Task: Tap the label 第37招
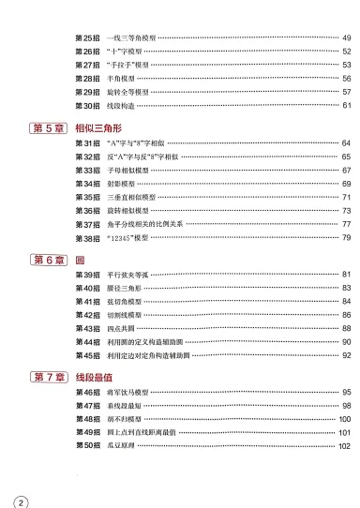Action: pyautogui.click(x=87, y=225)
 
